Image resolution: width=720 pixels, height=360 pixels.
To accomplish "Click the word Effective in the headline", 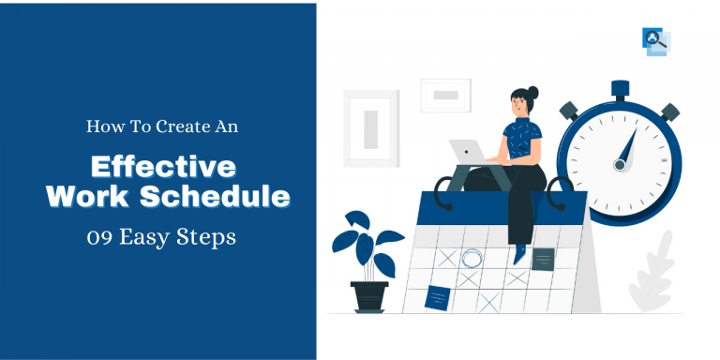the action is click(163, 167).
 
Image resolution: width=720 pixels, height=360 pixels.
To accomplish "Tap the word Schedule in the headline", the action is click(215, 197).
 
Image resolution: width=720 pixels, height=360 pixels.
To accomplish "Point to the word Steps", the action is click(211, 239).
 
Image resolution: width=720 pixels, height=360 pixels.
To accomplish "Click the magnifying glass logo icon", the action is click(656, 41).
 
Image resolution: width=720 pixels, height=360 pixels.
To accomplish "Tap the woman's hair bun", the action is click(532, 92).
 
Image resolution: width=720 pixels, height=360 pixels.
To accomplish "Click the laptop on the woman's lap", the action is click(468, 153).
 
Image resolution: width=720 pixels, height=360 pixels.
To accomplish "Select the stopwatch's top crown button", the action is click(620, 90).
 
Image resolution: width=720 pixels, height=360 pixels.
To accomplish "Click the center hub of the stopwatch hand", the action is click(620, 164).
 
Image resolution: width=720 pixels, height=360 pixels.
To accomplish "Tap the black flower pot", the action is click(369, 296).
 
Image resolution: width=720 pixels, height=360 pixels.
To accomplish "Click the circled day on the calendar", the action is click(472, 258).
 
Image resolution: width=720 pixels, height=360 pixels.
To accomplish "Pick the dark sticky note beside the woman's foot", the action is click(543, 259).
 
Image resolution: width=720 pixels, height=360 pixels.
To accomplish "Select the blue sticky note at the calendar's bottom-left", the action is click(437, 297).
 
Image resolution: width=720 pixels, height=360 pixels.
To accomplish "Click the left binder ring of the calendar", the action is click(443, 193).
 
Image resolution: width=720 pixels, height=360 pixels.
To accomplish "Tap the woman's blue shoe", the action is click(519, 253).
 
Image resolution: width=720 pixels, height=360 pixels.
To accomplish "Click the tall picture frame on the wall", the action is click(371, 128).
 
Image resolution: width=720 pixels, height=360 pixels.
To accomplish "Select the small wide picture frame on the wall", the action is click(446, 96).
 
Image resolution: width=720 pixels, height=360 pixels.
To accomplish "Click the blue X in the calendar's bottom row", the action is click(489, 302).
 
